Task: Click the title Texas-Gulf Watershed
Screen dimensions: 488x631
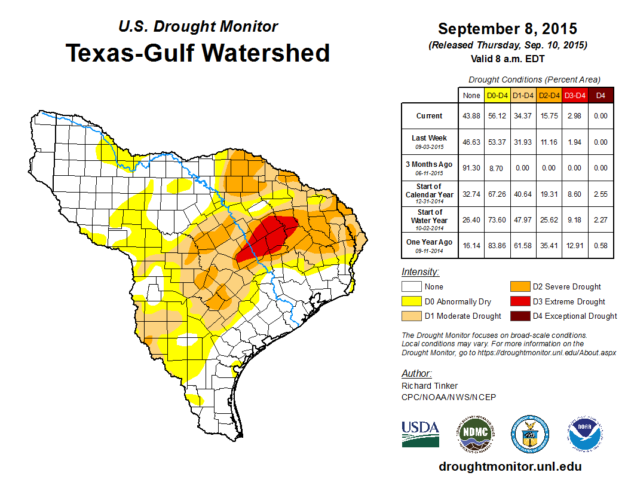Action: pos(197,53)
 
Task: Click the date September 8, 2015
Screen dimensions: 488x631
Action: pos(507,29)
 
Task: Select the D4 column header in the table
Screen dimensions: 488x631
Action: pos(601,95)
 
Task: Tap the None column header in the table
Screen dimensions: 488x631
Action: pos(471,95)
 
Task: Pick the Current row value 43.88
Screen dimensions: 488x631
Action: pos(471,116)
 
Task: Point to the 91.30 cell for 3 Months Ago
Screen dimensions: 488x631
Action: pos(471,168)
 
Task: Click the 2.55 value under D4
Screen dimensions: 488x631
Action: pos(601,194)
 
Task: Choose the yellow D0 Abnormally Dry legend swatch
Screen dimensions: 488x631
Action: pos(411,301)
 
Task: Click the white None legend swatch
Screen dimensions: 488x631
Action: pos(411,287)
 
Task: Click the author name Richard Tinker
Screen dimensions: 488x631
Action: pos(430,386)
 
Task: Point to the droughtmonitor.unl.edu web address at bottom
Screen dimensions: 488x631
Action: pos(510,466)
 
